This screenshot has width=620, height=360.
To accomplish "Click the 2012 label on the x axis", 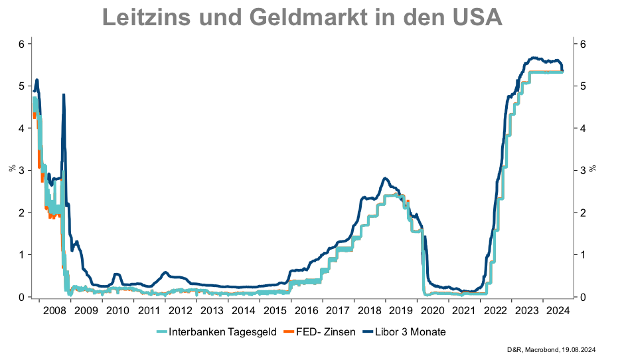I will coord(181,310).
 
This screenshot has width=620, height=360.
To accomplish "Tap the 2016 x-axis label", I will coord(307,310).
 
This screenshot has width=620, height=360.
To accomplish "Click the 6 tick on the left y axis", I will coord(21,44).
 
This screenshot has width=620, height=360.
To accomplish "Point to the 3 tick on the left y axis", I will coord(21,171).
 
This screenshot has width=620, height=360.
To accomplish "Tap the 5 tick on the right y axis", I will coord(582,86).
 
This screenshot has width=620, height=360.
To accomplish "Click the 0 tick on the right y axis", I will coord(582,297).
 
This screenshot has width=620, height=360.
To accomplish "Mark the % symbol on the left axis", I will coord(11,167).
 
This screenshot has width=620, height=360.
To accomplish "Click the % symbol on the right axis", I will coord(594,167).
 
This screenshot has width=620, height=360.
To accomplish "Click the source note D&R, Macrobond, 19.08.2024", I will coord(559,349).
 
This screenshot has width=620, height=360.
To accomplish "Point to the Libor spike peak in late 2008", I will coord(64,94).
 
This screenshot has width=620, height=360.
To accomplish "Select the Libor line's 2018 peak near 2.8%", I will coord(385,178).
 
